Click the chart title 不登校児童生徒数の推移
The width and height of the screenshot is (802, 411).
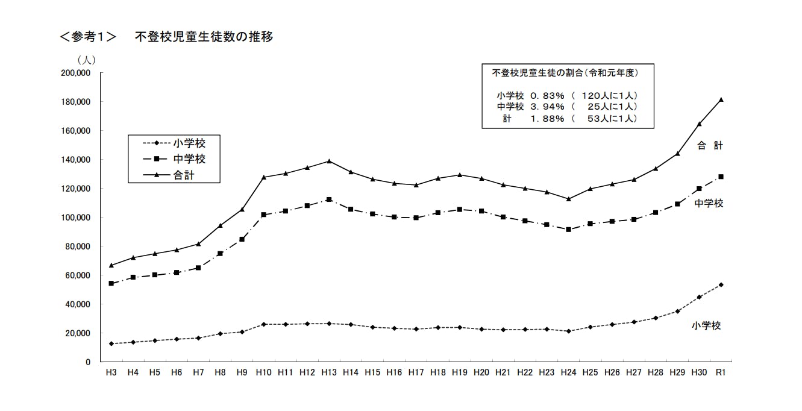click(204, 37)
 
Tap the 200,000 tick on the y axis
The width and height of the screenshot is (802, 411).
click(75, 73)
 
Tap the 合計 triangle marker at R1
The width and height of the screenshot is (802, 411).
click(721, 99)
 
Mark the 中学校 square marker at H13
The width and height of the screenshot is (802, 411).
click(328, 199)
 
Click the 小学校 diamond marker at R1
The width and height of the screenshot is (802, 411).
click(721, 285)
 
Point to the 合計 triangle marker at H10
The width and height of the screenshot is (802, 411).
click(263, 177)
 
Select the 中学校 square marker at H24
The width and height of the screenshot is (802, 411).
click(568, 230)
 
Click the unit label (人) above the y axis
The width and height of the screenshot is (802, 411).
click(86, 60)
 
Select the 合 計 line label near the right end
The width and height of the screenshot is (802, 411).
click(710, 145)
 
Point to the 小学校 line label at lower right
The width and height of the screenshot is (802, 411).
click(706, 325)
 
